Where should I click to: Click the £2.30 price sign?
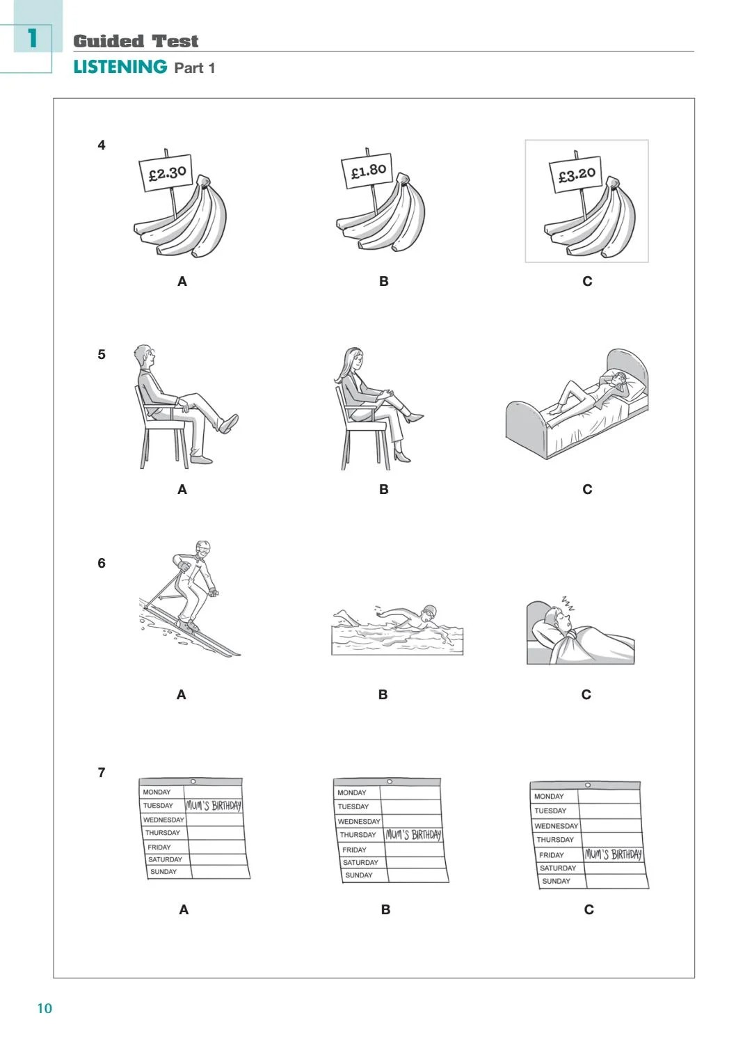[x=167, y=173]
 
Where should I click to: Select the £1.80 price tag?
[x=368, y=170]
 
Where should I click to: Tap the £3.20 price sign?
[x=577, y=174]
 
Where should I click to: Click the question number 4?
[x=102, y=145]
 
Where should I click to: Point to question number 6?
[x=102, y=563]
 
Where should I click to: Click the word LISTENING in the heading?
[x=120, y=67]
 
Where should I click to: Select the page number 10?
[x=45, y=1008]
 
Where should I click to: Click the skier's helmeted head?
[x=202, y=548]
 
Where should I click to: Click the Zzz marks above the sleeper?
[x=568, y=603]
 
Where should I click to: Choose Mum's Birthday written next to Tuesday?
[x=214, y=806]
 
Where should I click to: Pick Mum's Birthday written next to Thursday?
[x=413, y=835]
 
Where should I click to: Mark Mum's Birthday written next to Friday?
[x=613, y=854]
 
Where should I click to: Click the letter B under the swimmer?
[x=383, y=694]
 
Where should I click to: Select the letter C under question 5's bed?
[x=587, y=489]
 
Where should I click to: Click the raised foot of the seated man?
[x=228, y=423]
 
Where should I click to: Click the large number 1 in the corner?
[x=31, y=38]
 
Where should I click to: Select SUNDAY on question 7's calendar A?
[x=163, y=872]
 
